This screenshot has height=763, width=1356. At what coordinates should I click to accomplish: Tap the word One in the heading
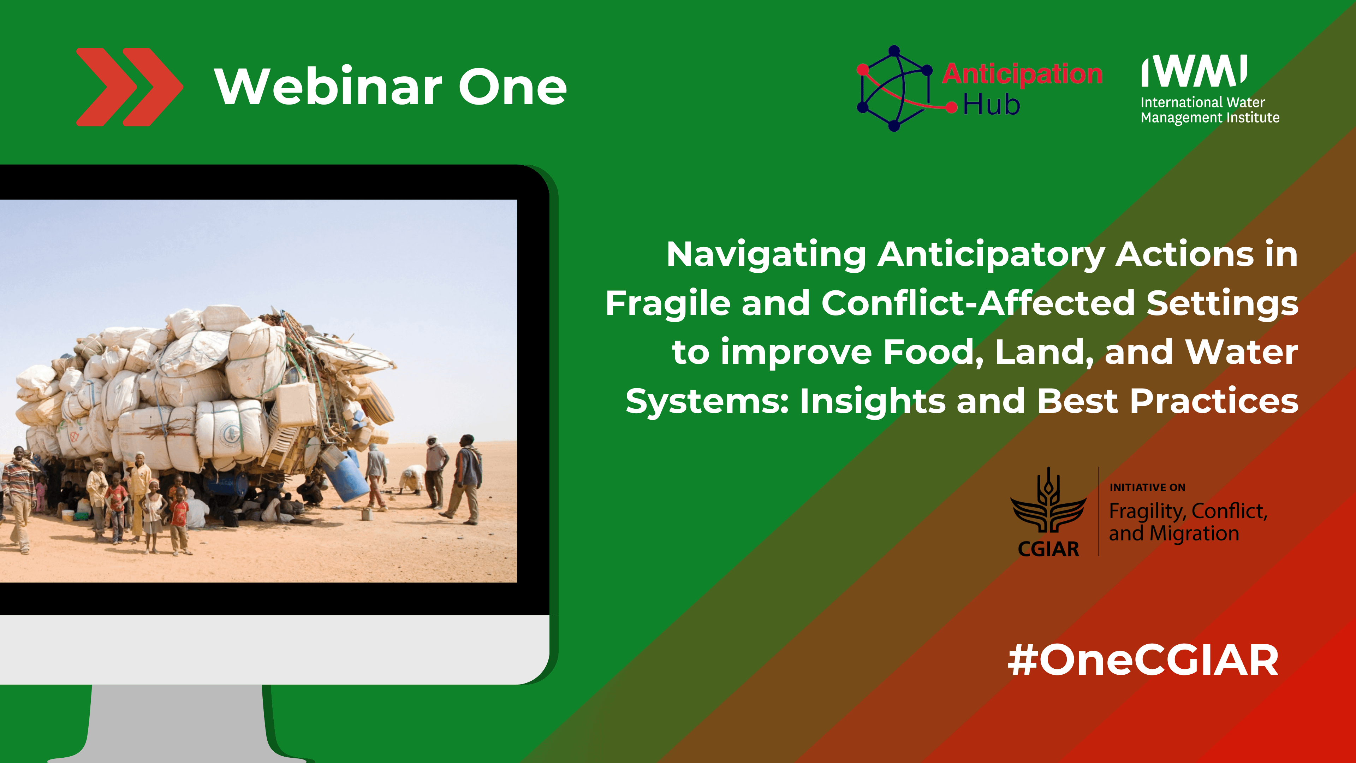(x=512, y=87)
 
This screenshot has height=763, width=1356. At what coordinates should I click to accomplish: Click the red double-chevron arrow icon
(x=130, y=87)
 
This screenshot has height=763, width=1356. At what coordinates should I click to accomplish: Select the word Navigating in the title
(x=766, y=254)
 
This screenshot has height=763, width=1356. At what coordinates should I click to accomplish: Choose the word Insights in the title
(x=872, y=401)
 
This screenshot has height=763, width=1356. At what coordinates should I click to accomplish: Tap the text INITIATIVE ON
(x=1148, y=487)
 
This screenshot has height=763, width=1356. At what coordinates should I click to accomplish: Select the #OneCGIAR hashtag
(x=1143, y=660)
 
